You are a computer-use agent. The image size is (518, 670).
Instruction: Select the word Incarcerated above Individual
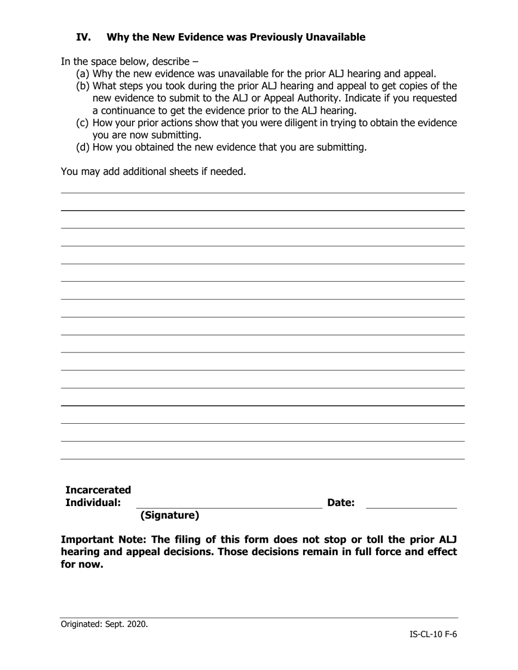[x=98, y=490]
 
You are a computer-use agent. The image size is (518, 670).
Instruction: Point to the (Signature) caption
[x=170, y=515]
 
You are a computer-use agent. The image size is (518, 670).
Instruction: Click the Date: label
[x=341, y=503]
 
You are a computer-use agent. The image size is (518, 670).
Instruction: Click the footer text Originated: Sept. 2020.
[x=104, y=624]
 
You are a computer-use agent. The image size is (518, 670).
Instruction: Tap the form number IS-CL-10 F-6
[x=433, y=634]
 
